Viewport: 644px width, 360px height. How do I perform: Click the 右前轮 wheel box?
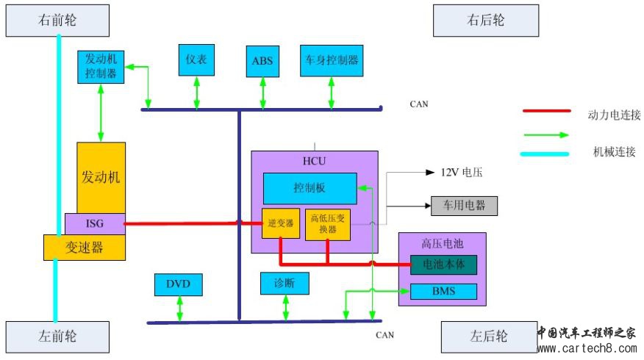[57, 21]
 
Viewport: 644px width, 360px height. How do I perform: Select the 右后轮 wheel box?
[485, 21]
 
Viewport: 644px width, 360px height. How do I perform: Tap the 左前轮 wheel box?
[57, 336]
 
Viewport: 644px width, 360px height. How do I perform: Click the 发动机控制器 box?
[101, 67]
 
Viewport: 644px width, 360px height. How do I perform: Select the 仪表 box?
[196, 60]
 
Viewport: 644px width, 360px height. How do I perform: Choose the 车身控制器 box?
[332, 60]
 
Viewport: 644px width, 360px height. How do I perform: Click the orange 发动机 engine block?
[101, 177]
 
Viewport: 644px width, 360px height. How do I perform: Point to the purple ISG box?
[95, 223]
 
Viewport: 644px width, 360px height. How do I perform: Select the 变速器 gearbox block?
[85, 248]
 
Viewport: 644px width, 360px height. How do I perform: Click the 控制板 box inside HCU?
[310, 188]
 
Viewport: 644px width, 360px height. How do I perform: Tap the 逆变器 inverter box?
[279, 223]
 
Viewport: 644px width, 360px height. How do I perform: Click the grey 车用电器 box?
[464, 205]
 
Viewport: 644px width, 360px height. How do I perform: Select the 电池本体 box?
[443, 264]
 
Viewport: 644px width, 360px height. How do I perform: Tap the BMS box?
[443, 292]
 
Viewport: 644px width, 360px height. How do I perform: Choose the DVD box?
[178, 284]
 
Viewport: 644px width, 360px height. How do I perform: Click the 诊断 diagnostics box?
[285, 283]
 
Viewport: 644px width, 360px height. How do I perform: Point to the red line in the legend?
[546, 112]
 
